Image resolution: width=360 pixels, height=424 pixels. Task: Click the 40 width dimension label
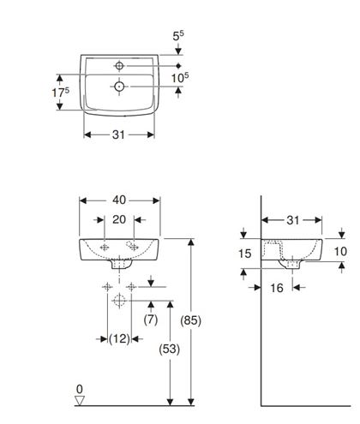[119, 200]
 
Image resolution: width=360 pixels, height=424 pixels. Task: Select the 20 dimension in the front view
[119, 219]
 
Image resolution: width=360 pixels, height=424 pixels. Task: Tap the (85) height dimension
[190, 320]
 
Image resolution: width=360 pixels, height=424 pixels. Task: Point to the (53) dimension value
[170, 349]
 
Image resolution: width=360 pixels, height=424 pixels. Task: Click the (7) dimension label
[151, 319]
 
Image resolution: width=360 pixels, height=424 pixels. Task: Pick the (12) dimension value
[119, 339]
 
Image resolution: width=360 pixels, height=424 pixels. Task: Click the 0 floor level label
[80, 389]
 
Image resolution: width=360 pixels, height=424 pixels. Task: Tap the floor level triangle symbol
[80, 401]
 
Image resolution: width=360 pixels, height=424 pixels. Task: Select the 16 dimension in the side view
[277, 288]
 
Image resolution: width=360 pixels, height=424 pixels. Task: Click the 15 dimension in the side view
[245, 254]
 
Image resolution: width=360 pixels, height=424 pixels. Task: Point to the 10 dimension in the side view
[340, 252]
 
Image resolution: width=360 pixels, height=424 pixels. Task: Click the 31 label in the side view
[292, 220]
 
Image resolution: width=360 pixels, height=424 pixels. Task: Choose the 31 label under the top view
[118, 134]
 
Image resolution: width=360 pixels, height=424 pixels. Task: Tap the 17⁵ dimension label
[61, 92]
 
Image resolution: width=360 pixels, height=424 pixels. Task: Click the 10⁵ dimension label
[180, 77]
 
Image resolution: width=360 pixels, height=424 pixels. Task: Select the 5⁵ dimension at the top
[178, 35]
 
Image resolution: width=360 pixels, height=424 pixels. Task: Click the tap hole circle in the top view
[119, 66]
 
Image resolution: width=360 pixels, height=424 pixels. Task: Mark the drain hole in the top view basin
[119, 86]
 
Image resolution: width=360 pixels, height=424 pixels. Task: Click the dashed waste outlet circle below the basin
[119, 301]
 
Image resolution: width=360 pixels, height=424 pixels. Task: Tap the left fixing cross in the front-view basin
[105, 248]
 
